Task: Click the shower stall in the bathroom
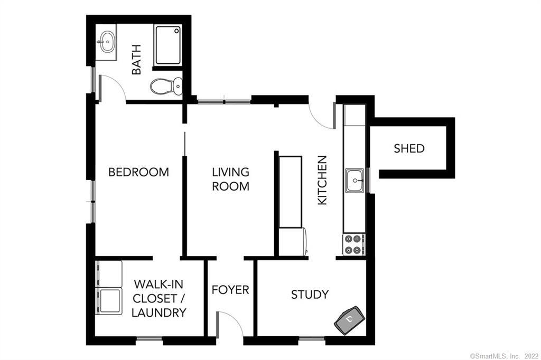169,44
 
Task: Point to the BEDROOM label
138,172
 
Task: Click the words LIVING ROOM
230,179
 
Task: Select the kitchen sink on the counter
355,181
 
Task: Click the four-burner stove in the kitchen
353,244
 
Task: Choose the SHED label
409,148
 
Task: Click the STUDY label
310,295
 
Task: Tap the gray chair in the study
350,320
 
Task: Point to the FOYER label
230,290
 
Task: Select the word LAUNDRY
158,312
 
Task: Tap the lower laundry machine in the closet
109,301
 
